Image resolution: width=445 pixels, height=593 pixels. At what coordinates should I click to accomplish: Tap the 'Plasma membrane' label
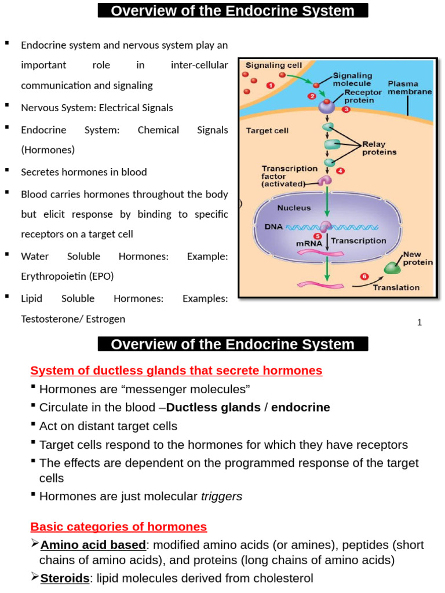pos(410,87)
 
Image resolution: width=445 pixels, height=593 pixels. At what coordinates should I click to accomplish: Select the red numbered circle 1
pos(271,85)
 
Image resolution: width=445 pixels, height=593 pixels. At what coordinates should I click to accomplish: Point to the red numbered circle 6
pos(364,276)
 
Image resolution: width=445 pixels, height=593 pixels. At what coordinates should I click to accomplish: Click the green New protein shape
pos(393,267)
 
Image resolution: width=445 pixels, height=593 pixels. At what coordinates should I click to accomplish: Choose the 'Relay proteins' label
pos(380,148)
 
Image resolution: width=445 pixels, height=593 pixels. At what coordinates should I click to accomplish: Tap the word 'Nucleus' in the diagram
pos(294,207)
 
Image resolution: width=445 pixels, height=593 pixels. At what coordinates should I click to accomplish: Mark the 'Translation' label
pos(396,287)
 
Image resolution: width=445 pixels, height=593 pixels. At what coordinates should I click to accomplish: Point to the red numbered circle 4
pos(341,171)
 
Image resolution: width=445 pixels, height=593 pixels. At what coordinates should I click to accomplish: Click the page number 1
pos(419,323)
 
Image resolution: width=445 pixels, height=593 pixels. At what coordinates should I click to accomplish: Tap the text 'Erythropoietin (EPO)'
pos(67,276)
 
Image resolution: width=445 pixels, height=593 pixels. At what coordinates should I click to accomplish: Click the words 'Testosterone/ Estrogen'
pos(73,319)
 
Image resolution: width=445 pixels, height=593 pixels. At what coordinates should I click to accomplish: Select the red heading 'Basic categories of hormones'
pos(118,526)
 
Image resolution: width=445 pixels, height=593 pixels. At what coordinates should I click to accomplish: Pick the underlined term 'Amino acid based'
pos(93,545)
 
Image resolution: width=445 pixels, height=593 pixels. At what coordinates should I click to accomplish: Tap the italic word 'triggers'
pos(221,496)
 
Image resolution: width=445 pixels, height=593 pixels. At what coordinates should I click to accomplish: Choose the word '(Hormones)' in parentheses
pos(48,149)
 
